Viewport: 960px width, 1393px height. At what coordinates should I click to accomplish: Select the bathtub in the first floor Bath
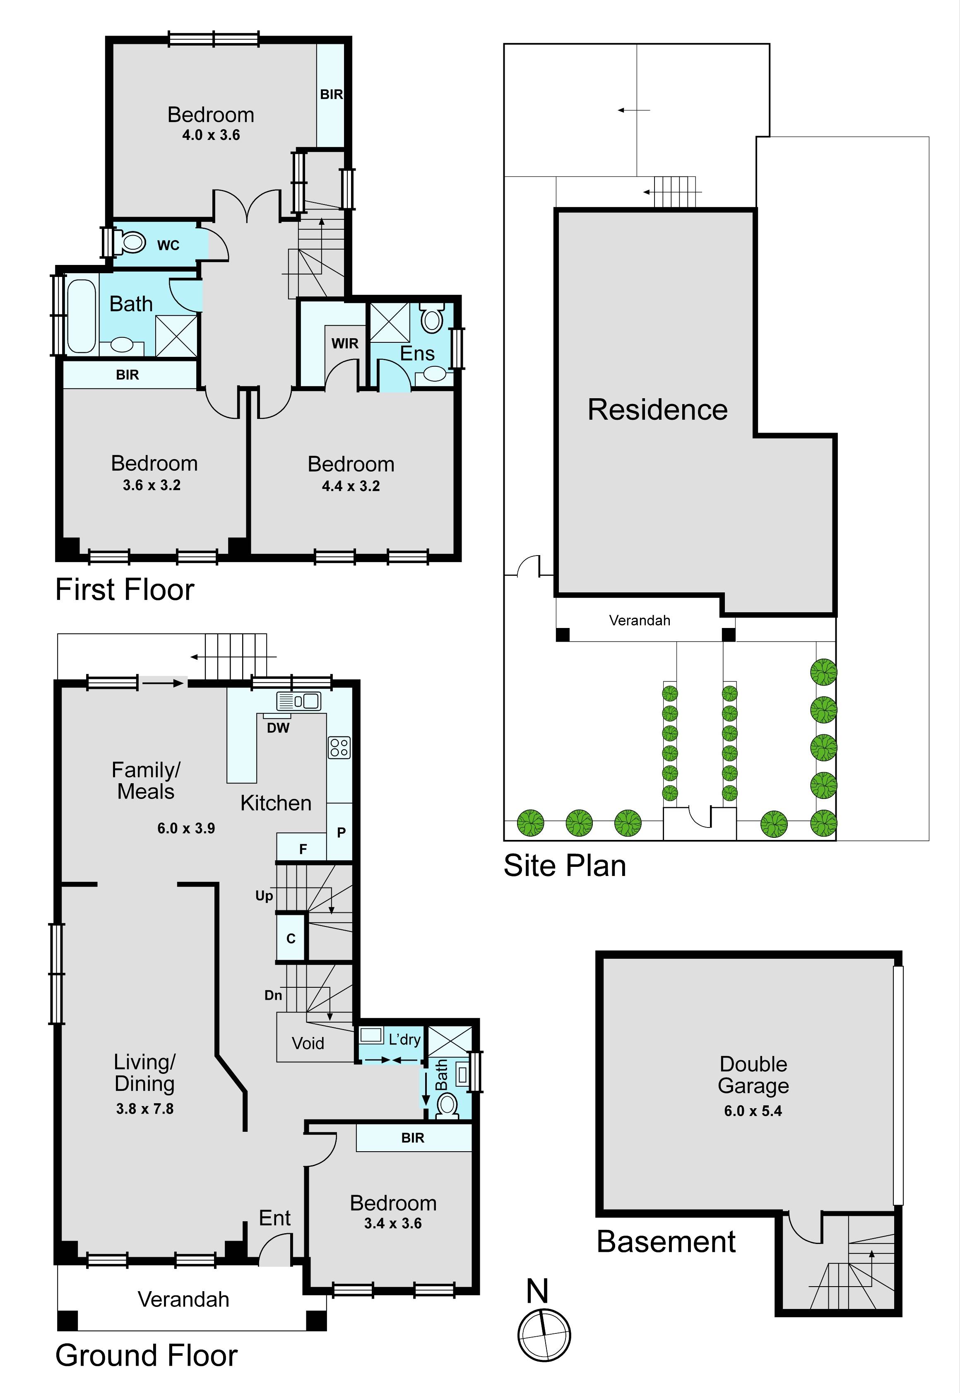click(81, 316)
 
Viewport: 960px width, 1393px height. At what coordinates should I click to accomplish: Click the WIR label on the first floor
click(345, 344)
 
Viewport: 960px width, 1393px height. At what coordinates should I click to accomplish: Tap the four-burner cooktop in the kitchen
click(339, 748)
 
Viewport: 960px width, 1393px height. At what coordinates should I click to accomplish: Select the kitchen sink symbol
click(298, 701)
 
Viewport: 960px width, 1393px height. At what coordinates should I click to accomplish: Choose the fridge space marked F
click(303, 847)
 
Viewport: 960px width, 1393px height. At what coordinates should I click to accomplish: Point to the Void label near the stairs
click(308, 1043)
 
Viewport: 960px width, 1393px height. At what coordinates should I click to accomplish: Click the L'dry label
click(404, 1039)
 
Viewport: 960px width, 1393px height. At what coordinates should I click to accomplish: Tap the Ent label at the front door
click(275, 1218)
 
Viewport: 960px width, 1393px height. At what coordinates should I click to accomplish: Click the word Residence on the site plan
click(657, 409)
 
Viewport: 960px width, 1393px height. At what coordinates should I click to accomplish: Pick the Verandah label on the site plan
click(640, 620)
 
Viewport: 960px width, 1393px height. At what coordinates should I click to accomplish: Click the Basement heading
click(666, 1241)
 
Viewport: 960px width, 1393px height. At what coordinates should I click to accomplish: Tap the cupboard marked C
click(291, 938)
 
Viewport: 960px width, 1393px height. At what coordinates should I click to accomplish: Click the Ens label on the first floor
click(417, 353)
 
